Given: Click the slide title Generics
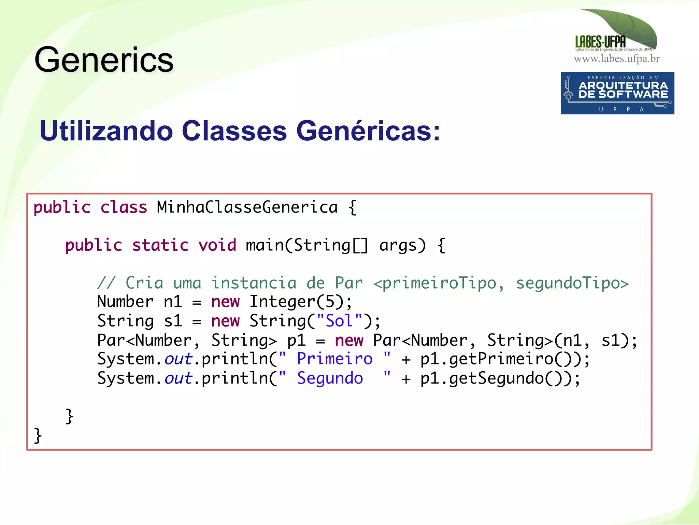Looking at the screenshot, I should click(104, 60).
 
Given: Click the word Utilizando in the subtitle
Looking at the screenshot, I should click(106, 131).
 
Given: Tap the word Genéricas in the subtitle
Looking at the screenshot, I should click(368, 131).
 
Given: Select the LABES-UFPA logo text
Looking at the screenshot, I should click(600, 42).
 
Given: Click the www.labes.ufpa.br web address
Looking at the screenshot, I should click(616, 59).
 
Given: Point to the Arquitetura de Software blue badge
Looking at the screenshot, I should click(617, 93).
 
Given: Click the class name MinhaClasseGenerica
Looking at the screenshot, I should click(247, 207).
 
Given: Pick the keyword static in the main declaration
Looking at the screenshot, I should click(160, 245).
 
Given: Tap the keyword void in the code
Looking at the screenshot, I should click(217, 245).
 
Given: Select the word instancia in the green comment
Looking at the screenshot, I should click(254, 283).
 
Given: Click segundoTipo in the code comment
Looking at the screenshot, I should click(572, 283).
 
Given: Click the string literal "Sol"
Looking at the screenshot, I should click(339, 321).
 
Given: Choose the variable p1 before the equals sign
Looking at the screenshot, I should click(296, 340).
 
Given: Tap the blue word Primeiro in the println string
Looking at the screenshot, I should click(334, 359).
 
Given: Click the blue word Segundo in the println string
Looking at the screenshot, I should click(330, 378).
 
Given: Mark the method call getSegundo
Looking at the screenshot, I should click(496, 378).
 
